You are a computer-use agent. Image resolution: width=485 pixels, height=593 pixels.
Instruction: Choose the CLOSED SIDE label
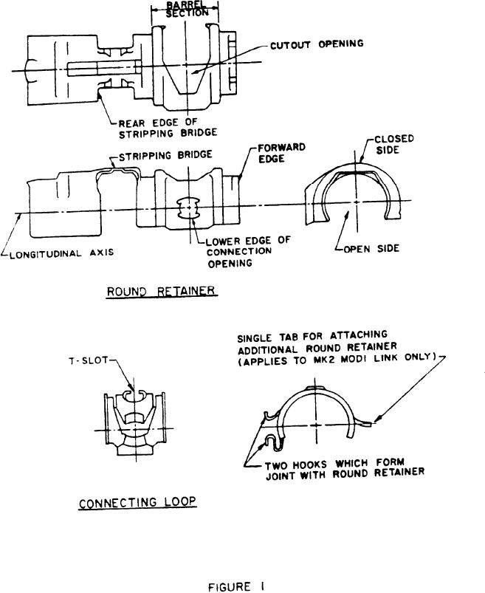coord(393,144)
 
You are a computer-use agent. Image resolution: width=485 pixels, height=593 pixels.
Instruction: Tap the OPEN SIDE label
coord(371,249)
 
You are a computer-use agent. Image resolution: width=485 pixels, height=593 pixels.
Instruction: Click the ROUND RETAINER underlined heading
coord(161,291)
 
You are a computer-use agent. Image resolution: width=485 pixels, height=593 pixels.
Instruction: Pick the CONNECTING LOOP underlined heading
coord(137,502)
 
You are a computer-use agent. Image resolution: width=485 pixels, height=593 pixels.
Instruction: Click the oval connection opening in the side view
coord(190,208)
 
